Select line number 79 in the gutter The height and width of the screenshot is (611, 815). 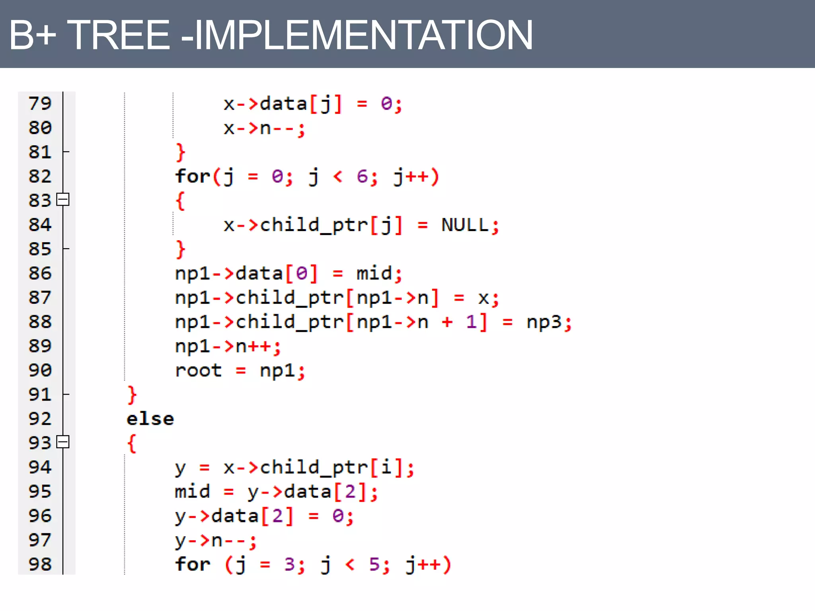(x=40, y=103)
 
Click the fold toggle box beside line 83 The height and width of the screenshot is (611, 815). (x=63, y=199)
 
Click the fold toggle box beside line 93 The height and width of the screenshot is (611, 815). (x=63, y=442)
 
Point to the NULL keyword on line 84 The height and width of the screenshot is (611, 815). (x=464, y=225)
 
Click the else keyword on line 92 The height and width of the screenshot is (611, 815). (x=150, y=419)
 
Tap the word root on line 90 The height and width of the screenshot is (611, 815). (x=198, y=370)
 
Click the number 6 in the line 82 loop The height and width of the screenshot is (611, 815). (x=362, y=176)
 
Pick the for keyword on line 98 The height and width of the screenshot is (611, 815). (x=193, y=564)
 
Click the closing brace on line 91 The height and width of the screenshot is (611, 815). (x=132, y=395)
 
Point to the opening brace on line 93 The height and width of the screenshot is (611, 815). (x=132, y=443)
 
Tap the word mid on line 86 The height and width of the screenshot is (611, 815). (x=374, y=273)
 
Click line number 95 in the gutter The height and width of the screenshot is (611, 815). (x=40, y=491)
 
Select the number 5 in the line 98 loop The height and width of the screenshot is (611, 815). (x=374, y=564)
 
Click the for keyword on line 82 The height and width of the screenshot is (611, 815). (x=193, y=176)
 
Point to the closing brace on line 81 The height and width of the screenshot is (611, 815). (x=180, y=152)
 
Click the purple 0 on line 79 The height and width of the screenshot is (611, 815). (x=386, y=104)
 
